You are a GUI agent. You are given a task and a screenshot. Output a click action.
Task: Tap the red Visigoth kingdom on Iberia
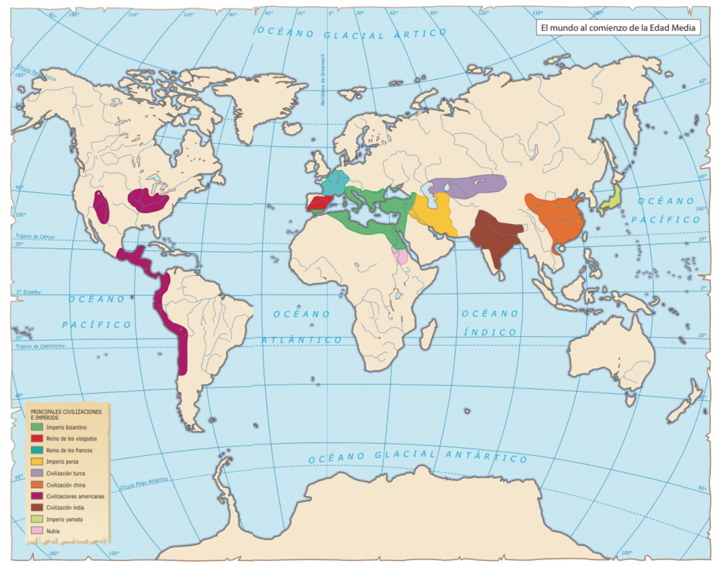pyautogui.click(x=318, y=203)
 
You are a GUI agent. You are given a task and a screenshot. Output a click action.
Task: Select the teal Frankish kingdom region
pyautogui.click(x=335, y=183)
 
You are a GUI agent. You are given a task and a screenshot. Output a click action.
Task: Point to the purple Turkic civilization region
pyautogui.click(x=468, y=186)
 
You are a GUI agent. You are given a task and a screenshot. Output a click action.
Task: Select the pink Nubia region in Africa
pyautogui.click(x=400, y=256)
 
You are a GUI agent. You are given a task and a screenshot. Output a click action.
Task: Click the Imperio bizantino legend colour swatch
pyautogui.click(x=37, y=427)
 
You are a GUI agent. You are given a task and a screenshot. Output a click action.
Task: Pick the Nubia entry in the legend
pyautogui.click(x=53, y=531)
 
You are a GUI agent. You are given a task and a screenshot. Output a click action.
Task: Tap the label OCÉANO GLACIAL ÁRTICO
pyautogui.click(x=353, y=33)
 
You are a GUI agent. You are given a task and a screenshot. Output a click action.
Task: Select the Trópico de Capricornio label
pyautogui.click(x=42, y=347)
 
